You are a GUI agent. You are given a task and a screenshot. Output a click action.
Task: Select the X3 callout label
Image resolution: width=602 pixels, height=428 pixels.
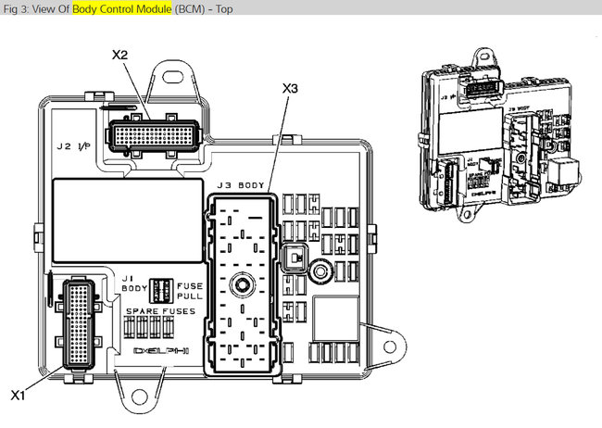coord(291,88)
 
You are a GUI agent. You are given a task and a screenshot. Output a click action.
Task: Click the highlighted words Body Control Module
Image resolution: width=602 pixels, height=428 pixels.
coord(118,8)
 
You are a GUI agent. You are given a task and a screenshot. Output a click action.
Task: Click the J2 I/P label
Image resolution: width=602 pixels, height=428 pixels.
coord(72,145)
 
